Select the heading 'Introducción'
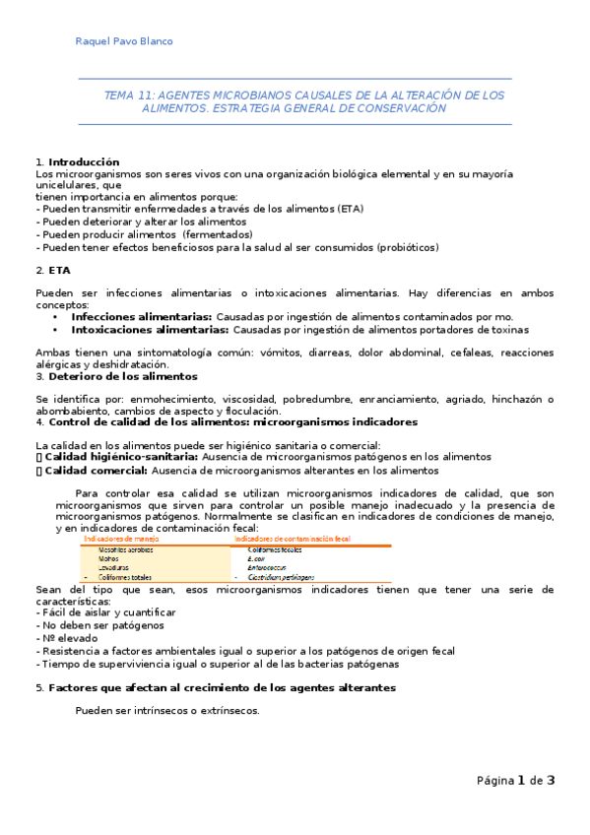coord(84,161)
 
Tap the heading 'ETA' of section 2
coord(58,269)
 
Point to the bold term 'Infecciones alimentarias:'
coord(141,317)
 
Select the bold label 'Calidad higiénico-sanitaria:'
coord(121,457)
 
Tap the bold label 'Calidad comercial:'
coord(97,471)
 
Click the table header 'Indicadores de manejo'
coord(122,539)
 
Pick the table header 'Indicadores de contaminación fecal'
coord(295,539)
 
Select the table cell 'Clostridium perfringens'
coord(281,576)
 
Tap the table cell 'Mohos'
coord(108,558)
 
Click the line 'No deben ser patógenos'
coord(101,625)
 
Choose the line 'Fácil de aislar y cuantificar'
coord(111,612)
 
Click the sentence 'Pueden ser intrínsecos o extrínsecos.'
coord(167,710)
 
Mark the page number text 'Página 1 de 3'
coord(515,781)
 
